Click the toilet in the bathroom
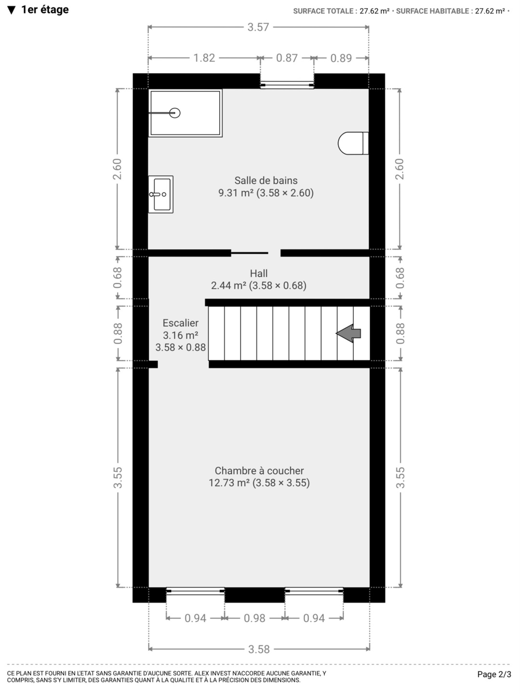pyautogui.click(x=353, y=143)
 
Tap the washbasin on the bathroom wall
pyautogui.click(x=161, y=194)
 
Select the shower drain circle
pyautogui.click(x=175, y=113)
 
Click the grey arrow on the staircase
pyautogui.click(x=348, y=333)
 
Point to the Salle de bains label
pyautogui.click(x=266, y=181)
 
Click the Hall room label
pyautogui.click(x=259, y=273)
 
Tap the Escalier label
pyautogui.click(x=181, y=323)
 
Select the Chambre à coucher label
pyautogui.click(x=259, y=471)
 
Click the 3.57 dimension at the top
pyautogui.click(x=258, y=27)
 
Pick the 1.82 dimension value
pyautogui.click(x=204, y=58)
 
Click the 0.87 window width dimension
pyautogui.click(x=287, y=58)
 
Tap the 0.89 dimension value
pyautogui.click(x=341, y=58)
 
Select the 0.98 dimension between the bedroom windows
pyautogui.click(x=254, y=618)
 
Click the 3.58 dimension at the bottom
pyautogui.click(x=259, y=649)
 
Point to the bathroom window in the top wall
pyautogui.click(x=287, y=85)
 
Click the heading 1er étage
pyautogui.click(x=45, y=10)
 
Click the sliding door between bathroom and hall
pyautogui.click(x=250, y=253)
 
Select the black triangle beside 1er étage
pyautogui.click(x=12, y=10)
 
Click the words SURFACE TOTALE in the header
pyautogui.click(x=323, y=11)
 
